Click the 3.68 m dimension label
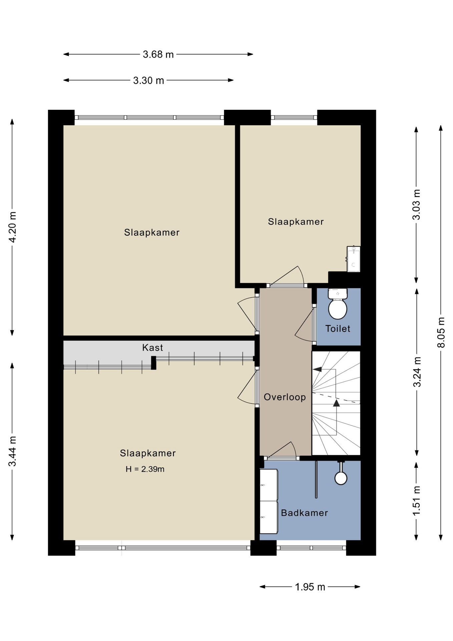158,54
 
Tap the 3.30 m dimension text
148,80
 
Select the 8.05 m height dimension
441,333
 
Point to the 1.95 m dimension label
310,587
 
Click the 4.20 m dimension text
12,227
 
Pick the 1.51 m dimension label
417,501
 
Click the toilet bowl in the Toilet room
338,309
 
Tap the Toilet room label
338,329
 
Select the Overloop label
285,397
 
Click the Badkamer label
304,513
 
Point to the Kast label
152,348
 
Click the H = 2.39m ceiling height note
145,469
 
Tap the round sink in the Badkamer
341,478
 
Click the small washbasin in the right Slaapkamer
354,259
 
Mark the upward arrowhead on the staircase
336,403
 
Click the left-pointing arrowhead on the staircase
317,369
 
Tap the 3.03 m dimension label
417,204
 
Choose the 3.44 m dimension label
12,451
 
